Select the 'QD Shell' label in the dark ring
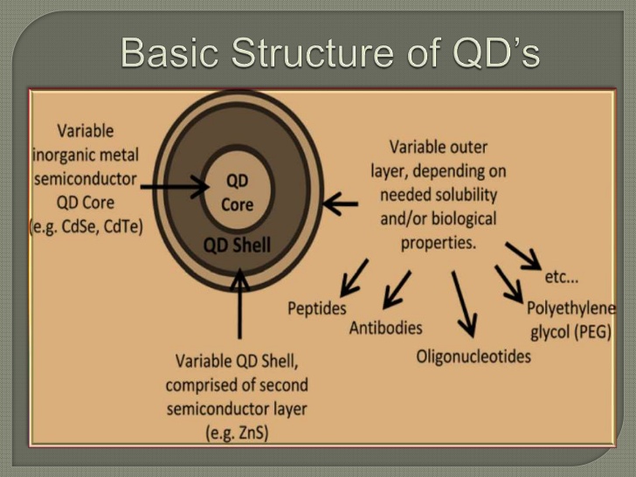click(237, 245)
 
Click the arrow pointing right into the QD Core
click(175, 185)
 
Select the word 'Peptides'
click(316, 308)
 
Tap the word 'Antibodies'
click(385, 328)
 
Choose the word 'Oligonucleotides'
click(473, 356)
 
